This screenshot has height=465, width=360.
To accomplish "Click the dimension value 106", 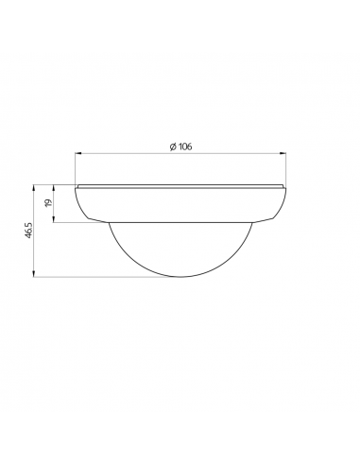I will pos(186,146).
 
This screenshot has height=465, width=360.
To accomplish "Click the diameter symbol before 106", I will pos(174,146).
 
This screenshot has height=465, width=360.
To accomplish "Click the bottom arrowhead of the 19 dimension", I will pos(56,219).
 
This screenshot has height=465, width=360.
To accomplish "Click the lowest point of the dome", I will pos(180,277).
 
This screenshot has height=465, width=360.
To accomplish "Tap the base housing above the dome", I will pos(180,203).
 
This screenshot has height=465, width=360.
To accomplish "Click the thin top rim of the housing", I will pos(180,184).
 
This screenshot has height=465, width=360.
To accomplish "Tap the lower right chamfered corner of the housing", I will pos(275,216).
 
